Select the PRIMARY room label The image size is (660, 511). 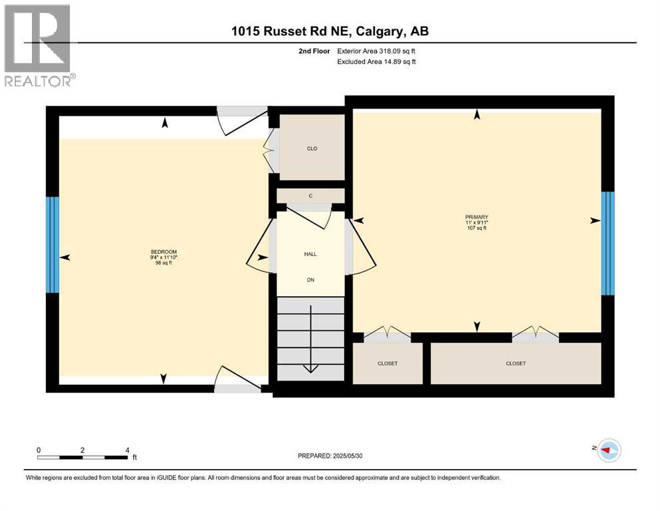tap(477, 217)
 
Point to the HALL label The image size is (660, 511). tap(310, 254)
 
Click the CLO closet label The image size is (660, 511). tap(312, 148)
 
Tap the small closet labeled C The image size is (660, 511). tap(310, 196)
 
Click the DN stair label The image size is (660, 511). tap(310, 279)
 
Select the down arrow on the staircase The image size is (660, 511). tap(310, 367)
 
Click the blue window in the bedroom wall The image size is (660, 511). tap(52, 244)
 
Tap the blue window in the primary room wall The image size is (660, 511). tap(607, 243)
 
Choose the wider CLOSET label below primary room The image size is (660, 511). tap(516, 363)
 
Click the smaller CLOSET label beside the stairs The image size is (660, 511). tap(387, 363)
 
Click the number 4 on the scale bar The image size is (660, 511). tap(127, 450)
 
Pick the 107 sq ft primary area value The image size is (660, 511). tap(477, 228)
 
